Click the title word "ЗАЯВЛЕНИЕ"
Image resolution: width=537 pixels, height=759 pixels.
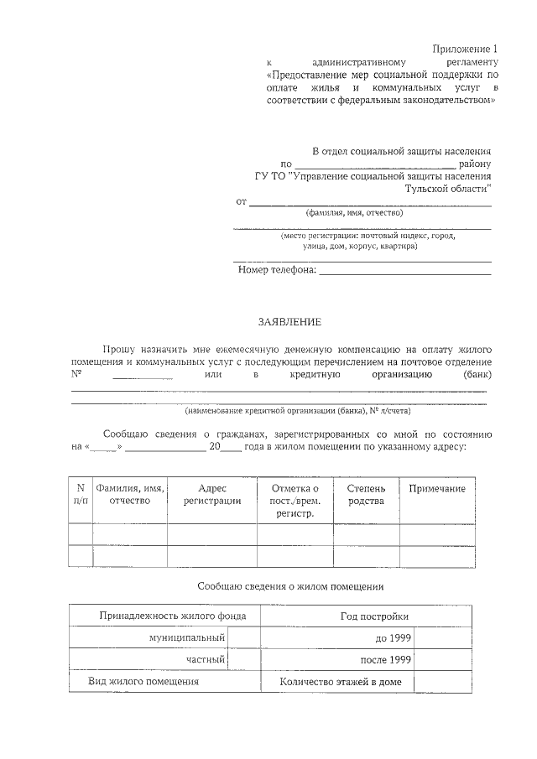[x=289, y=321]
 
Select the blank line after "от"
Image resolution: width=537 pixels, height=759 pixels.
[x=370, y=201]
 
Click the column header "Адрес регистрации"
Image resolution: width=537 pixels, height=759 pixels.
[x=212, y=494]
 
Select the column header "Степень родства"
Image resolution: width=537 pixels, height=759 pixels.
[x=366, y=494]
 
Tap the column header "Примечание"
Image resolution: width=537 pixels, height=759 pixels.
[x=436, y=488]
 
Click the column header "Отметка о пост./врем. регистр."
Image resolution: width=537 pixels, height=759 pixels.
[x=295, y=500]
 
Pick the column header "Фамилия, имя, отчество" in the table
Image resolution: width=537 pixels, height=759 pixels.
[x=129, y=494]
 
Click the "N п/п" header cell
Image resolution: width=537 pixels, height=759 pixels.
[x=81, y=494]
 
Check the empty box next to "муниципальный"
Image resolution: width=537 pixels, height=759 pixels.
[x=243, y=638]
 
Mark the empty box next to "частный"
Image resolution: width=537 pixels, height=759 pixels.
[x=243, y=660]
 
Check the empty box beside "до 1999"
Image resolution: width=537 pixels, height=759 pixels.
[x=435, y=638]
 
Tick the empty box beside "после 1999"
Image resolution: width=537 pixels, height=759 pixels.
[x=435, y=660]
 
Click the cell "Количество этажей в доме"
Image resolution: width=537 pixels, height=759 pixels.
[x=341, y=682]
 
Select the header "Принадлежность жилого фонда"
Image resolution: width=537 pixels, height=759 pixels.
[x=173, y=616]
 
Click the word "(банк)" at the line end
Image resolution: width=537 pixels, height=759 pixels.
[x=477, y=374]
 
